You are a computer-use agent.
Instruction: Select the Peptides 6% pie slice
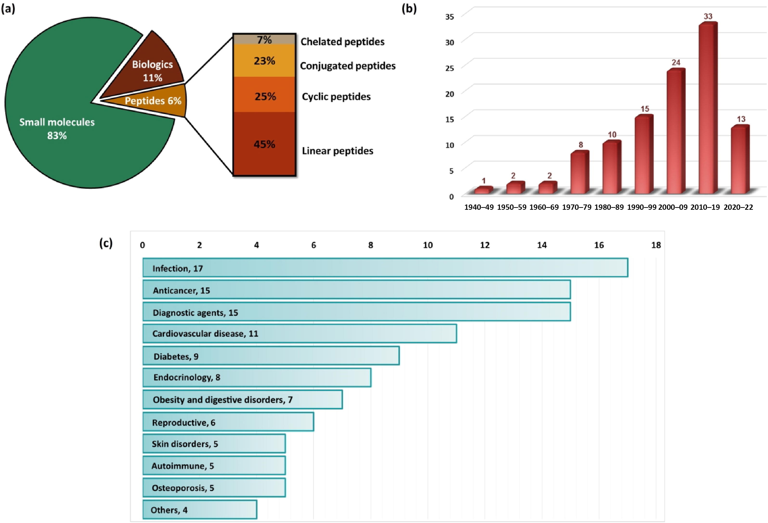(x=153, y=101)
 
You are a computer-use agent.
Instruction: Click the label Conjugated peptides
(x=348, y=66)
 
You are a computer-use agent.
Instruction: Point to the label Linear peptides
(x=337, y=151)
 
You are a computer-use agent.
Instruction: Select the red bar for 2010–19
(x=707, y=109)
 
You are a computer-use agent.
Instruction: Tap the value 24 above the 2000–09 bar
(x=676, y=62)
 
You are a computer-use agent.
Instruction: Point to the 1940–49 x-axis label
(x=479, y=207)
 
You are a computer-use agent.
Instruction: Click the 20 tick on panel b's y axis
(x=449, y=94)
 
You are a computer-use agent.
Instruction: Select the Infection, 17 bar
(x=385, y=268)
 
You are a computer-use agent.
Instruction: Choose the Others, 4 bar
(x=200, y=510)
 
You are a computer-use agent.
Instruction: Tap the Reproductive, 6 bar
(x=228, y=422)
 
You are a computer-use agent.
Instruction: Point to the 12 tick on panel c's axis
(x=485, y=245)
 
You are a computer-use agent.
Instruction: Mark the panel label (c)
(x=106, y=243)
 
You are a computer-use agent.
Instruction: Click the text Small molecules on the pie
(x=57, y=122)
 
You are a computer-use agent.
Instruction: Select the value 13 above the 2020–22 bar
(x=741, y=119)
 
